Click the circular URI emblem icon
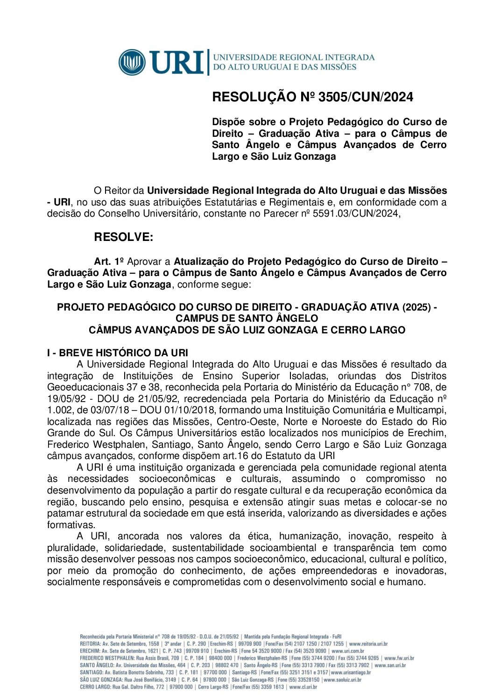coord(132,62)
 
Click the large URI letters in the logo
coord(177,62)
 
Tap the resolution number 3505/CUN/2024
coord(366,97)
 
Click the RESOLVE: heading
coord(123,237)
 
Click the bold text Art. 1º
coord(109,261)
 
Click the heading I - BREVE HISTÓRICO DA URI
coord(117,353)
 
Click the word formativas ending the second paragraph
coord(70,525)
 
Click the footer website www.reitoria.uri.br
coord(368,643)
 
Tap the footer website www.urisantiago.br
coord(351,672)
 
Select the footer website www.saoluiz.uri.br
coord(342,680)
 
